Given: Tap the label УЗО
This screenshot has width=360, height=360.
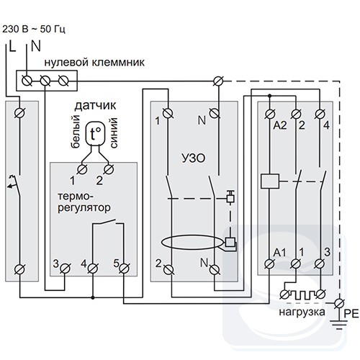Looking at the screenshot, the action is click(194, 158).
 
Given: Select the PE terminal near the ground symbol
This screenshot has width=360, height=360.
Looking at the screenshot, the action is click(339, 303).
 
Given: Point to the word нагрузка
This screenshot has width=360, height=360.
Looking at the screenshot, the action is click(302, 312).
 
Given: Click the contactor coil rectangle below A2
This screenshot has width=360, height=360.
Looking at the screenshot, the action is click(270, 181).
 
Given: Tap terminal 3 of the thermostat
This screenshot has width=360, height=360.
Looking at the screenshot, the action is click(65, 269).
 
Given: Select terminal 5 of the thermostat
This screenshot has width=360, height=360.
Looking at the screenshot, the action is click(124, 269).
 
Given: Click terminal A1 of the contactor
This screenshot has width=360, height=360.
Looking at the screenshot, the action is click(269, 264).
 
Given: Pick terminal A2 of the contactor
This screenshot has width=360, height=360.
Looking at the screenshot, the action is click(270, 114).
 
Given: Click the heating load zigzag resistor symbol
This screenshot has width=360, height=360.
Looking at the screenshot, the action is click(302, 294).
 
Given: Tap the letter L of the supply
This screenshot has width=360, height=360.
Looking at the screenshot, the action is click(12, 46).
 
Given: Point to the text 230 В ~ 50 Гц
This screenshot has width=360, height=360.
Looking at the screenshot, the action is click(34, 30).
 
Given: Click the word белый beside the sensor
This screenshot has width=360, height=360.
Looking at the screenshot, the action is click(76, 132).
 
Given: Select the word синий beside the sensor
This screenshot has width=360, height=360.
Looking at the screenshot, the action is click(114, 132).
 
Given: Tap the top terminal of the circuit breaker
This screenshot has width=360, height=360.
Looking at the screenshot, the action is click(19, 113).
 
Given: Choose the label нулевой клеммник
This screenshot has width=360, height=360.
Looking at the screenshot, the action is click(94, 63).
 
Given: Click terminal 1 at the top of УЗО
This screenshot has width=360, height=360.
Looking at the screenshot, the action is click(168, 113).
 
